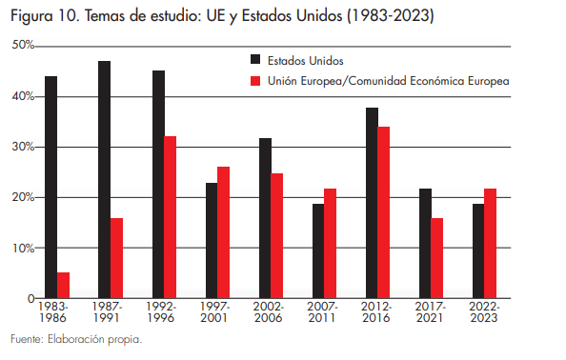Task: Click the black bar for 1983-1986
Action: coord(51,188)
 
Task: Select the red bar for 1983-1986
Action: coord(63,286)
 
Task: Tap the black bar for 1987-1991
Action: coord(104,180)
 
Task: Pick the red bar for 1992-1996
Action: coord(170,217)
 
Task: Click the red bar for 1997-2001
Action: coord(224,232)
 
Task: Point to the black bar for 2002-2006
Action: coord(265,218)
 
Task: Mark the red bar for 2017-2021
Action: coord(437,258)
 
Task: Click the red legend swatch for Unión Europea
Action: coord(254,82)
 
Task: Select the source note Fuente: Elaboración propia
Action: coord(76,340)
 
